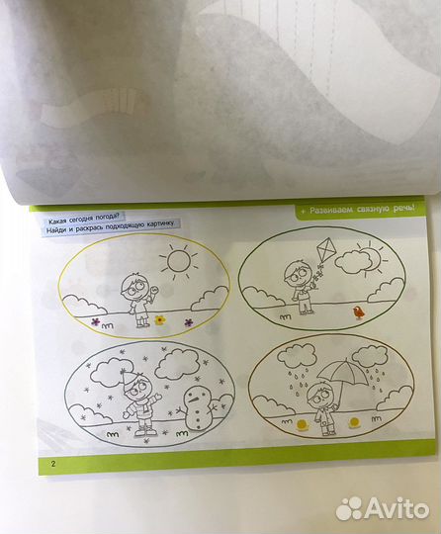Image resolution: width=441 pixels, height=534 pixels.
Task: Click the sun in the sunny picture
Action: [x=178, y=261]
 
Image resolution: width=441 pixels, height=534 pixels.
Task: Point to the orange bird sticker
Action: [x=358, y=312]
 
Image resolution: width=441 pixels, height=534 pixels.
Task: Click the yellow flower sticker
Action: [x=160, y=319]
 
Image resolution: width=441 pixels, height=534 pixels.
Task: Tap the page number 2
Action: [x=53, y=464]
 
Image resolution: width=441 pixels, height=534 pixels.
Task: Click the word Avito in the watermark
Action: [x=397, y=509]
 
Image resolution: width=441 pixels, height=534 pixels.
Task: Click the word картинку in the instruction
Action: [x=160, y=225]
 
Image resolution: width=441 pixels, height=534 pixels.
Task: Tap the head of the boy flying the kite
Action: [x=297, y=273]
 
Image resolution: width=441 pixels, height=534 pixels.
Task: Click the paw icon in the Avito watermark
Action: [x=350, y=508]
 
